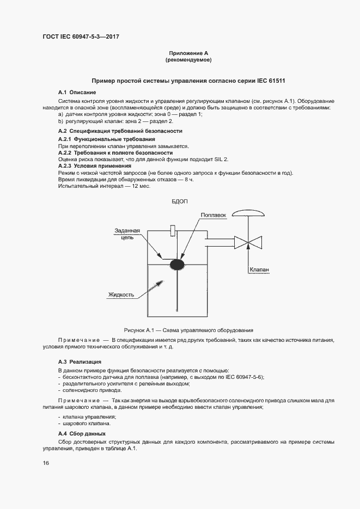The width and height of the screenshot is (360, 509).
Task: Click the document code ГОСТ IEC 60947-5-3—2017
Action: click(81, 37)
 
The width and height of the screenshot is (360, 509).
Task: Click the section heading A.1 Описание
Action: click(77, 93)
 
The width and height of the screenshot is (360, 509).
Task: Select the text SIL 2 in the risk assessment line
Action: click(219, 159)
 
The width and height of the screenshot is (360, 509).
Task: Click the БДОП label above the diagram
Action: click(179, 201)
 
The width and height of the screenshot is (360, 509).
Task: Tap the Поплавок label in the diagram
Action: click(213, 215)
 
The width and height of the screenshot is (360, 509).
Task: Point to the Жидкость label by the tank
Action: click(121, 295)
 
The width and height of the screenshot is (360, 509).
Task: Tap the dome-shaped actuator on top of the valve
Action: click(247, 214)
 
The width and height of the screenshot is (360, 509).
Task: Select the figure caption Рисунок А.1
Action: click(188, 330)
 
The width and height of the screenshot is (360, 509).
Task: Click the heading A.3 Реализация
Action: click(80, 361)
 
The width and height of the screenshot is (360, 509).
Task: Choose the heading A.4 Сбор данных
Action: click(82, 433)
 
